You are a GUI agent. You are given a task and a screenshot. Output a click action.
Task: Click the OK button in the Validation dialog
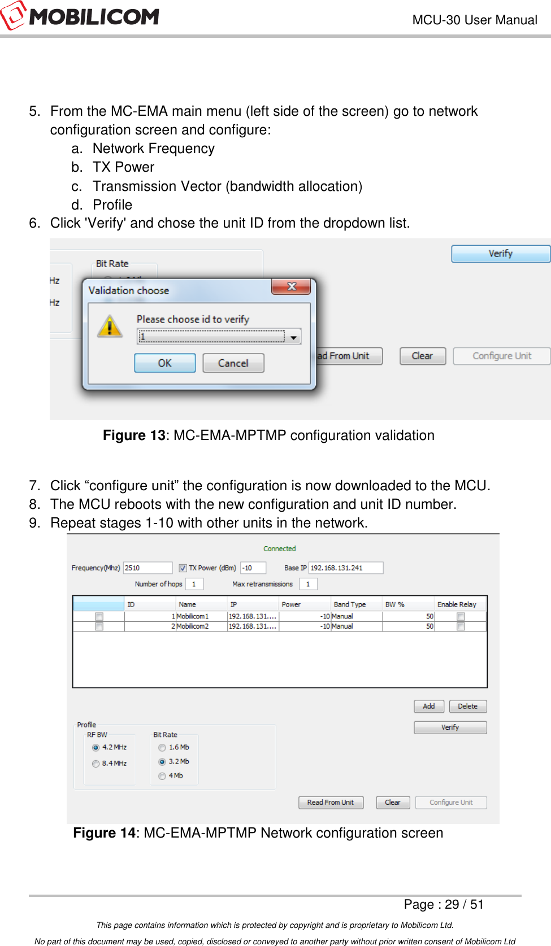[x=164, y=363]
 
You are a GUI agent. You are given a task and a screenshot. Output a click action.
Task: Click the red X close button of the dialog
[x=291, y=286]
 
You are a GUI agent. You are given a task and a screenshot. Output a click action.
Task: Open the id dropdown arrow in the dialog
[x=293, y=337]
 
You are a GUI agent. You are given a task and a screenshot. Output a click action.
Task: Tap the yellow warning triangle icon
[x=110, y=326]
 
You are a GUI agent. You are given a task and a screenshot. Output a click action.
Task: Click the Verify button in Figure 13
[x=500, y=254]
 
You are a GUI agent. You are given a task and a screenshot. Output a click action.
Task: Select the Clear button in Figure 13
[x=422, y=356]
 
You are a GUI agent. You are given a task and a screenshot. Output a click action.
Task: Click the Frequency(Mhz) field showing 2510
[x=147, y=568]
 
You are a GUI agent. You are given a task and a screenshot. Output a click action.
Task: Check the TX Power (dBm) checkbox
[x=183, y=568]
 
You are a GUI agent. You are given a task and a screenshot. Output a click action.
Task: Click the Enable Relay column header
[x=457, y=604]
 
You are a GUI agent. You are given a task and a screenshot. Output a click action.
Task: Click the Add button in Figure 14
[x=429, y=706]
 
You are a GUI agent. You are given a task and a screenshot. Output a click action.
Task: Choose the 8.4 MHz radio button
[x=96, y=764]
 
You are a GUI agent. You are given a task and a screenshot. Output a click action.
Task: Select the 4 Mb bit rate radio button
[x=162, y=776]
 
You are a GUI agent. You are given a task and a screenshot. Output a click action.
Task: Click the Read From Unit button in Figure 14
[x=331, y=802]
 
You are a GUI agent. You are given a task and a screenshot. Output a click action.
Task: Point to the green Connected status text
[x=279, y=548]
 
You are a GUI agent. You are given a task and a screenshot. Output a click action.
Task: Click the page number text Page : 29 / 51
[x=444, y=904]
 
